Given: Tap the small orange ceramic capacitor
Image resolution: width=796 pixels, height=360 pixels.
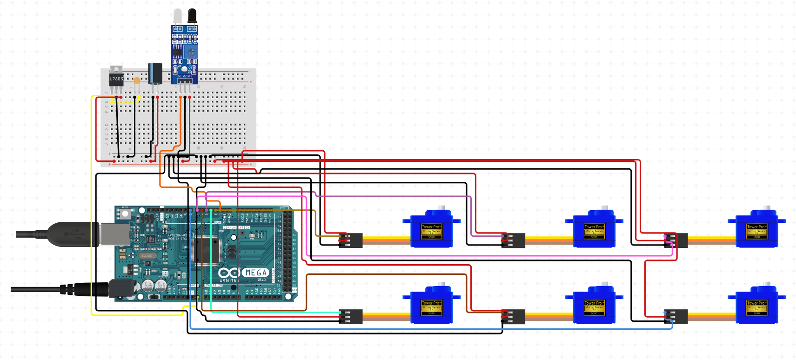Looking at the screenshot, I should point(137,80).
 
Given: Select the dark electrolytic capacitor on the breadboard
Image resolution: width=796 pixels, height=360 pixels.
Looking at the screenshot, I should point(155,73).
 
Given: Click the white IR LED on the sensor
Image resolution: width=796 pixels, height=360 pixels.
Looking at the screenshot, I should point(178,16).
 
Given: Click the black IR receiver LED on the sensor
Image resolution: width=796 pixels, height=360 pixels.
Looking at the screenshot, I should point(192,16).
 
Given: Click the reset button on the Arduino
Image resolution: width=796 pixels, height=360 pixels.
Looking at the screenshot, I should point(125,214).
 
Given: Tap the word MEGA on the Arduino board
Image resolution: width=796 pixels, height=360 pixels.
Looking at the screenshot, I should point(256,273).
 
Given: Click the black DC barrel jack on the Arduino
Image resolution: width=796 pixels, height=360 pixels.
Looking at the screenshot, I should point(122,289).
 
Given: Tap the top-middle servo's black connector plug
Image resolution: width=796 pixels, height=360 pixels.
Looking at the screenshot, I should point(513,240).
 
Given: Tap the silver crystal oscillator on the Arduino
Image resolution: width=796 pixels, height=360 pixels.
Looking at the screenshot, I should point(147,256).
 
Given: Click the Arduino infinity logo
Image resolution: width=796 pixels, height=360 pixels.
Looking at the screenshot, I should point(228,273).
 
